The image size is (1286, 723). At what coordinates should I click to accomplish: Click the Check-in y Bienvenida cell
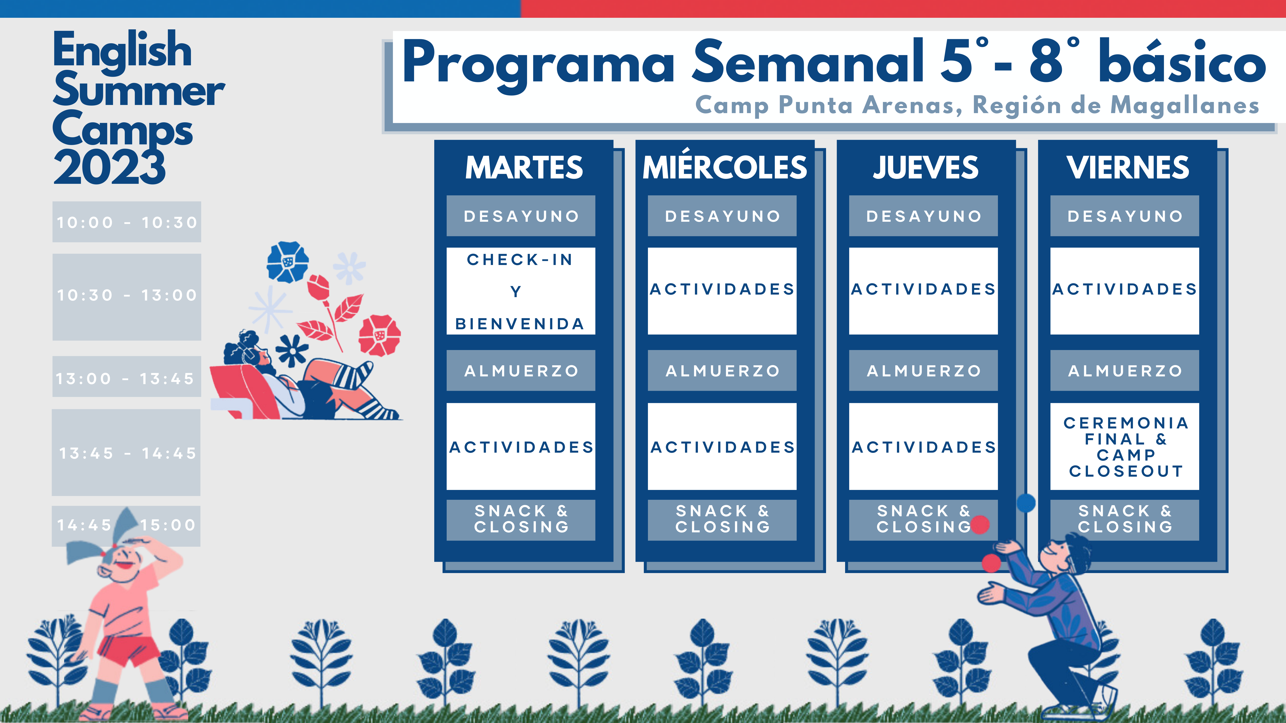(521, 291)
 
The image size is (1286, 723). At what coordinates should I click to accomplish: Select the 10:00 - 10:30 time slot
(127, 222)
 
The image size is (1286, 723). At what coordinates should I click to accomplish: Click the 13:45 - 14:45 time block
(126, 453)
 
